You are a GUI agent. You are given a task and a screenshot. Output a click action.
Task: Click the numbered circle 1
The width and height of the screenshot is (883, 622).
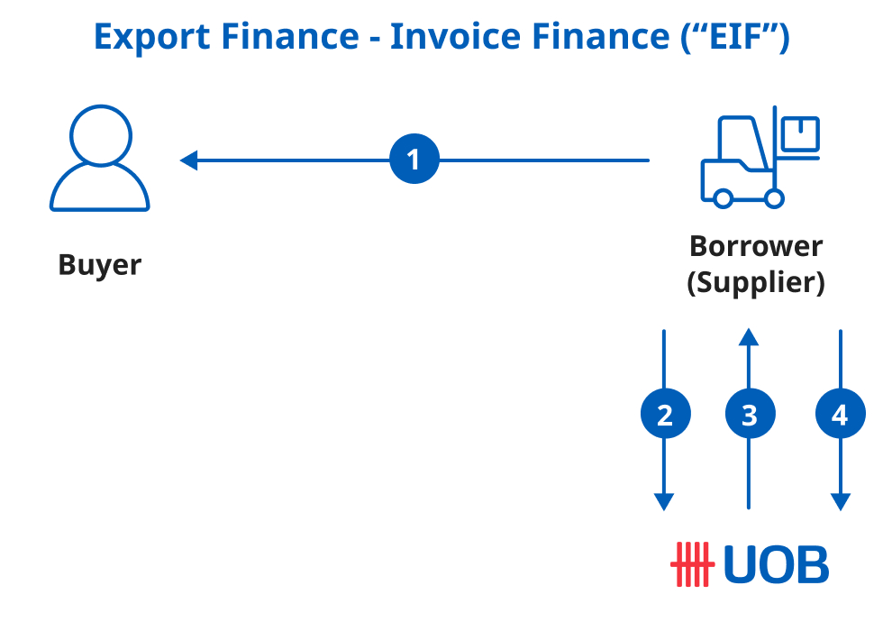point(414,160)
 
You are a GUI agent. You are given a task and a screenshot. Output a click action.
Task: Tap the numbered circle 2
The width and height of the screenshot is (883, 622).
point(665,415)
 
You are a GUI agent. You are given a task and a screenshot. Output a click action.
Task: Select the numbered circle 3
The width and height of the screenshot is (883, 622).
point(749,415)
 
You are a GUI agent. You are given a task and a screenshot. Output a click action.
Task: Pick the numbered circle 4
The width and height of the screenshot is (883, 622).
point(840,415)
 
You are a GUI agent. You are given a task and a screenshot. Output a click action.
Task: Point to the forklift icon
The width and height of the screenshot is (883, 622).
point(759,160)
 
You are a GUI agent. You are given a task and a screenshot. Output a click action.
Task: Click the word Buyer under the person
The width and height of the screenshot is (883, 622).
point(100,265)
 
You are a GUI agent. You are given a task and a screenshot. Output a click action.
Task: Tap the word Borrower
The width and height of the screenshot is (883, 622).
point(756,245)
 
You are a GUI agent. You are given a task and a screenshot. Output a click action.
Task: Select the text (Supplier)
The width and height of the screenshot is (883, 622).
point(756,283)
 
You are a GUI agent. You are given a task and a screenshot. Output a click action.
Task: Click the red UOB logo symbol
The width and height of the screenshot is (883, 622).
point(692,563)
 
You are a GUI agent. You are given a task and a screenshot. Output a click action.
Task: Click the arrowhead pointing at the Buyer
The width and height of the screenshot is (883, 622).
point(188,160)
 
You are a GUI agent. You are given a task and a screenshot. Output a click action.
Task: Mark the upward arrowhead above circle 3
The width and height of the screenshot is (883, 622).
point(749,337)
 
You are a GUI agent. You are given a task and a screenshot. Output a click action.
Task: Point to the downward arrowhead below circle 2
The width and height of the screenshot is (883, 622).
point(665,502)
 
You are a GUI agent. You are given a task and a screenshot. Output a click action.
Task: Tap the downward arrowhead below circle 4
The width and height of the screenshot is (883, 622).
point(840,502)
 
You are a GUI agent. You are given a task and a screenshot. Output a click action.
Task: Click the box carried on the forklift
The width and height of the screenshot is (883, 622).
point(799,134)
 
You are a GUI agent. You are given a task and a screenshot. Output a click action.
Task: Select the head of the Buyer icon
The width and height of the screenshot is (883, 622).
point(100,137)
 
